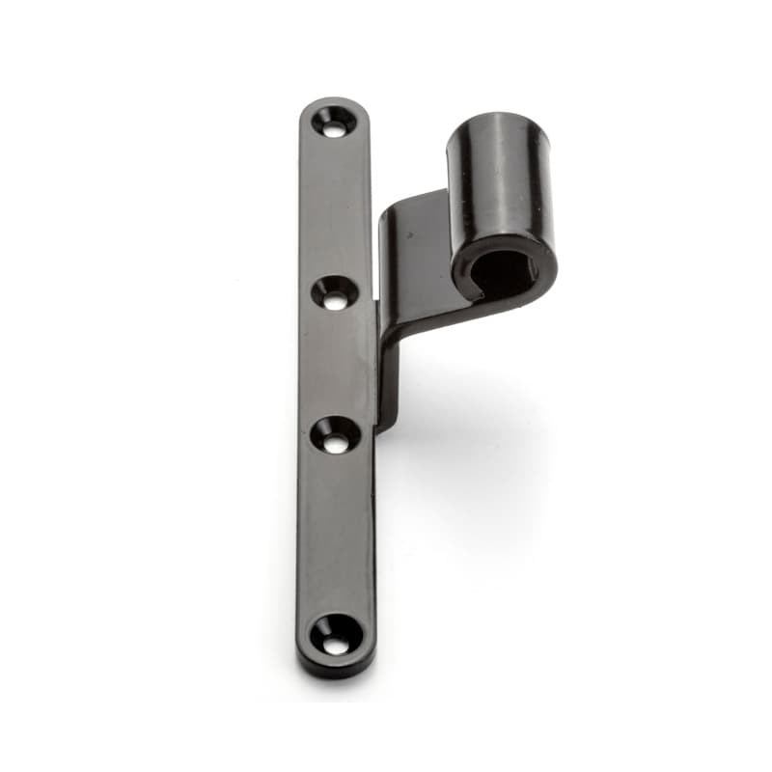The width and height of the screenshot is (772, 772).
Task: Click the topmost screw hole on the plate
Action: click(334, 122)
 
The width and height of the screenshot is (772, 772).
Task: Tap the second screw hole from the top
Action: click(335, 292)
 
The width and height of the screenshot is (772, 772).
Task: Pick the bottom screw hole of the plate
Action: click(336, 634)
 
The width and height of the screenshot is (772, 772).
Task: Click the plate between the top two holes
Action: click(335, 207)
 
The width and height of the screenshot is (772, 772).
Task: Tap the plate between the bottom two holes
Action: click(336, 536)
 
